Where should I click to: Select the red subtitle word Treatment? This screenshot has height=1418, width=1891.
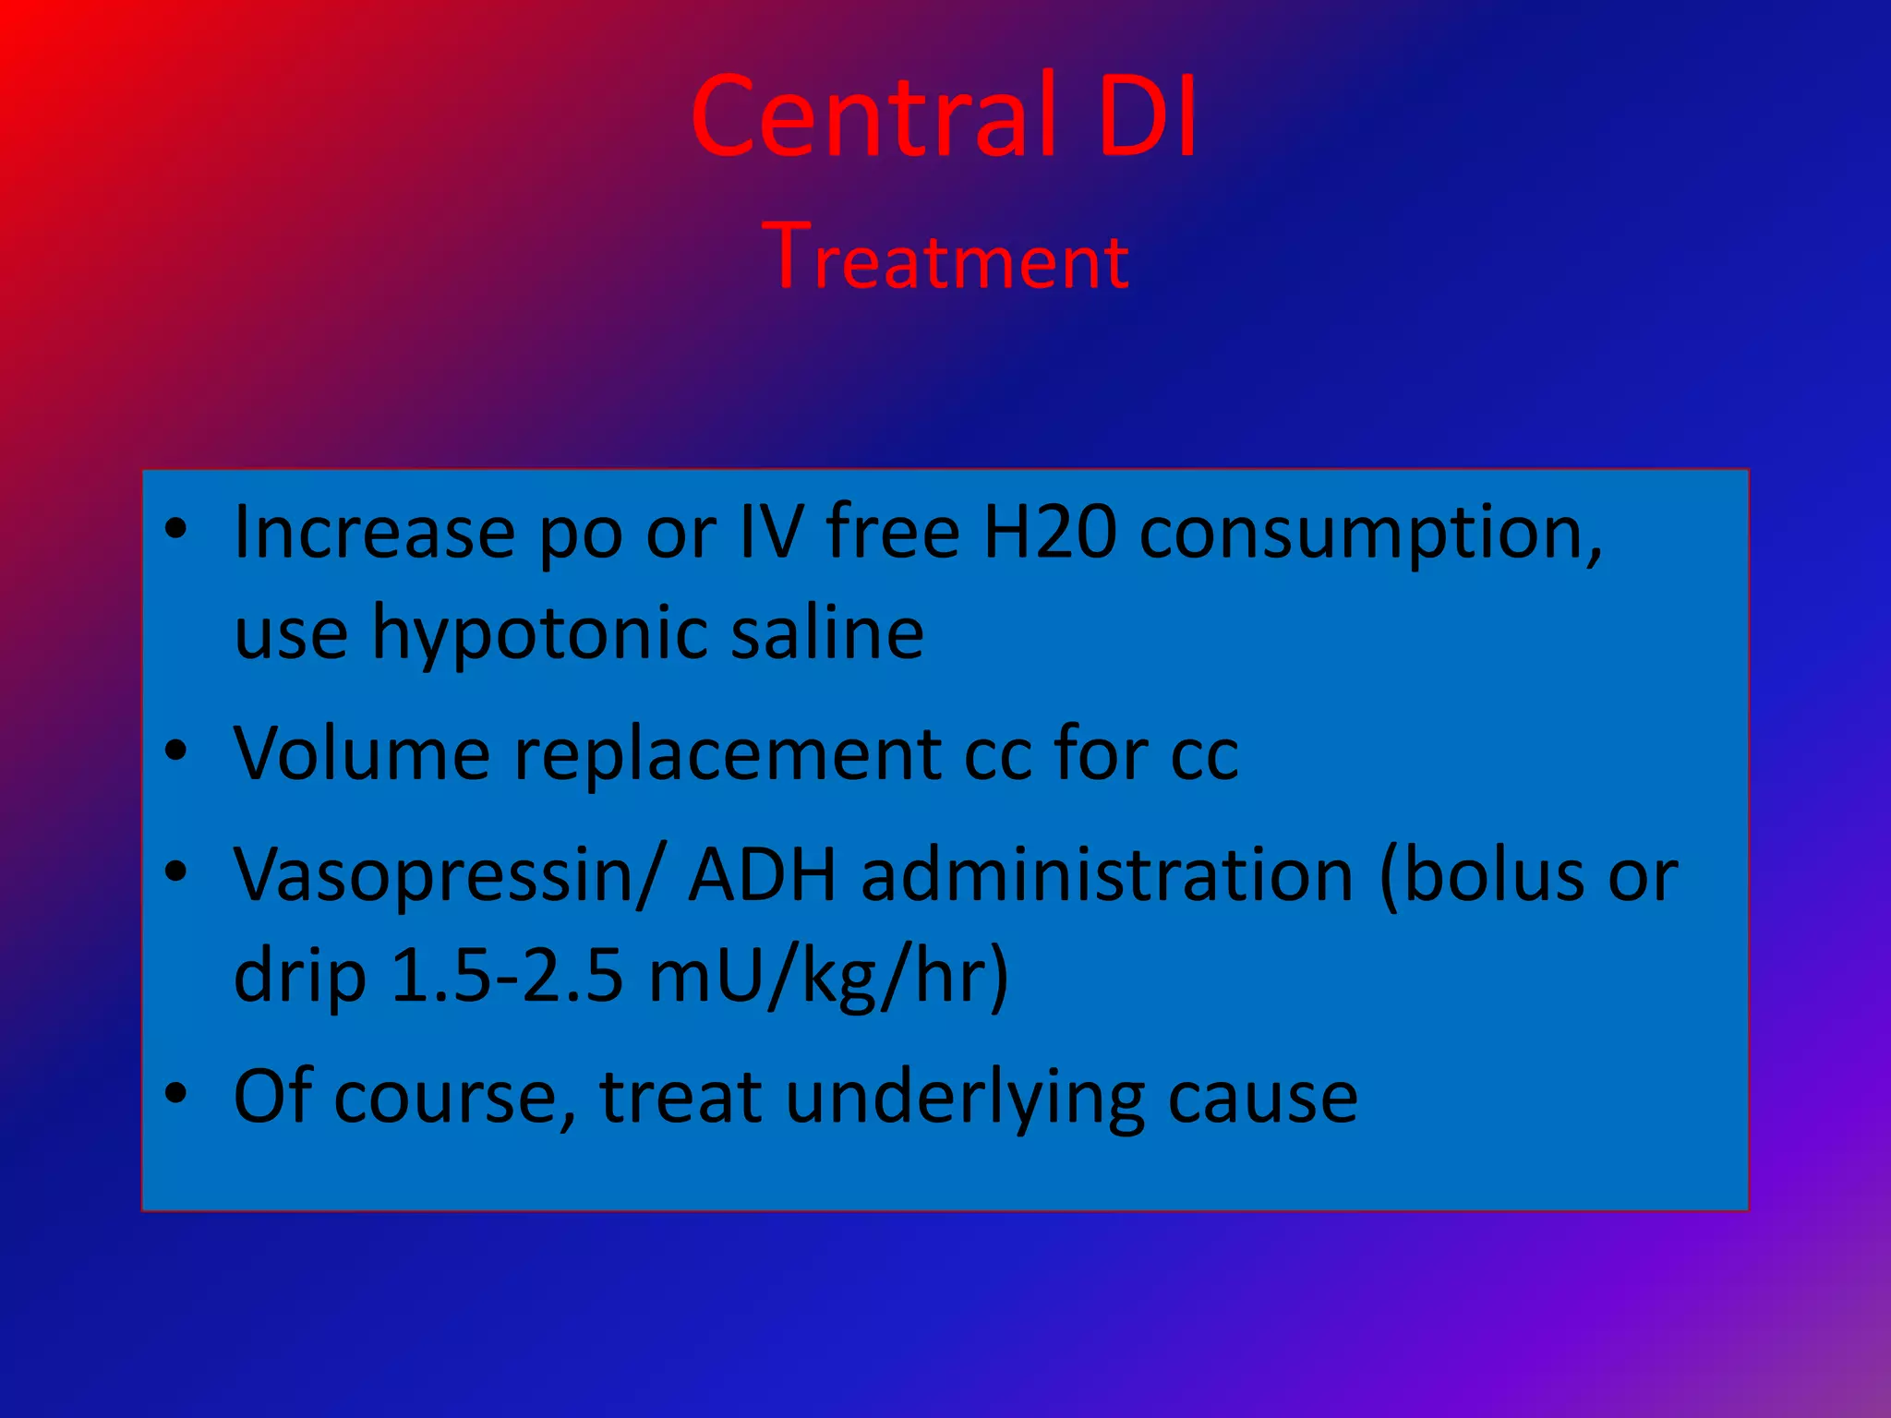click(945, 258)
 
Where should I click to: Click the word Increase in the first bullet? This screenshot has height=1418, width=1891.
click(374, 533)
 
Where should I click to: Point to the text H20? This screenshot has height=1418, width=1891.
click(1049, 533)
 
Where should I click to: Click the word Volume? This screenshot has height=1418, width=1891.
click(361, 753)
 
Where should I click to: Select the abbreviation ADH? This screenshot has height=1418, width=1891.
click(763, 873)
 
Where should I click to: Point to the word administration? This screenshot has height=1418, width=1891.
click(1107, 875)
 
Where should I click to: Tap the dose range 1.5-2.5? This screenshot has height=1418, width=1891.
click(507, 976)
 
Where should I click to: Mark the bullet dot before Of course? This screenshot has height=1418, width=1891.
click(175, 1092)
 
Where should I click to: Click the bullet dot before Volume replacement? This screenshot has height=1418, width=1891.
click(175, 751)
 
